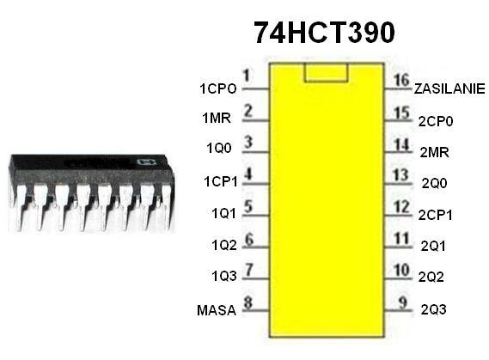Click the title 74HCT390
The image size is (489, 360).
click(x=324, y=33)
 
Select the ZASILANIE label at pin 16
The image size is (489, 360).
click(x=449, y=89)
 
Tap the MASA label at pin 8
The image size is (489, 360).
click(x=217, y=310)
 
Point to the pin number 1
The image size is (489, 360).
click(x=247, y=76)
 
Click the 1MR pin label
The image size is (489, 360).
click(x=217, y=118)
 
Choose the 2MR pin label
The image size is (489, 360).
click(x=434, y=153)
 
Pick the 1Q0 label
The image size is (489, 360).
click(x=219, y=148)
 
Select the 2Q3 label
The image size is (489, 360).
click(x=433, y=309)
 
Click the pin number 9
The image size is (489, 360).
click(x=403, y=302)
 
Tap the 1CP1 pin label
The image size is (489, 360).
click(x=221, y=181)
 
